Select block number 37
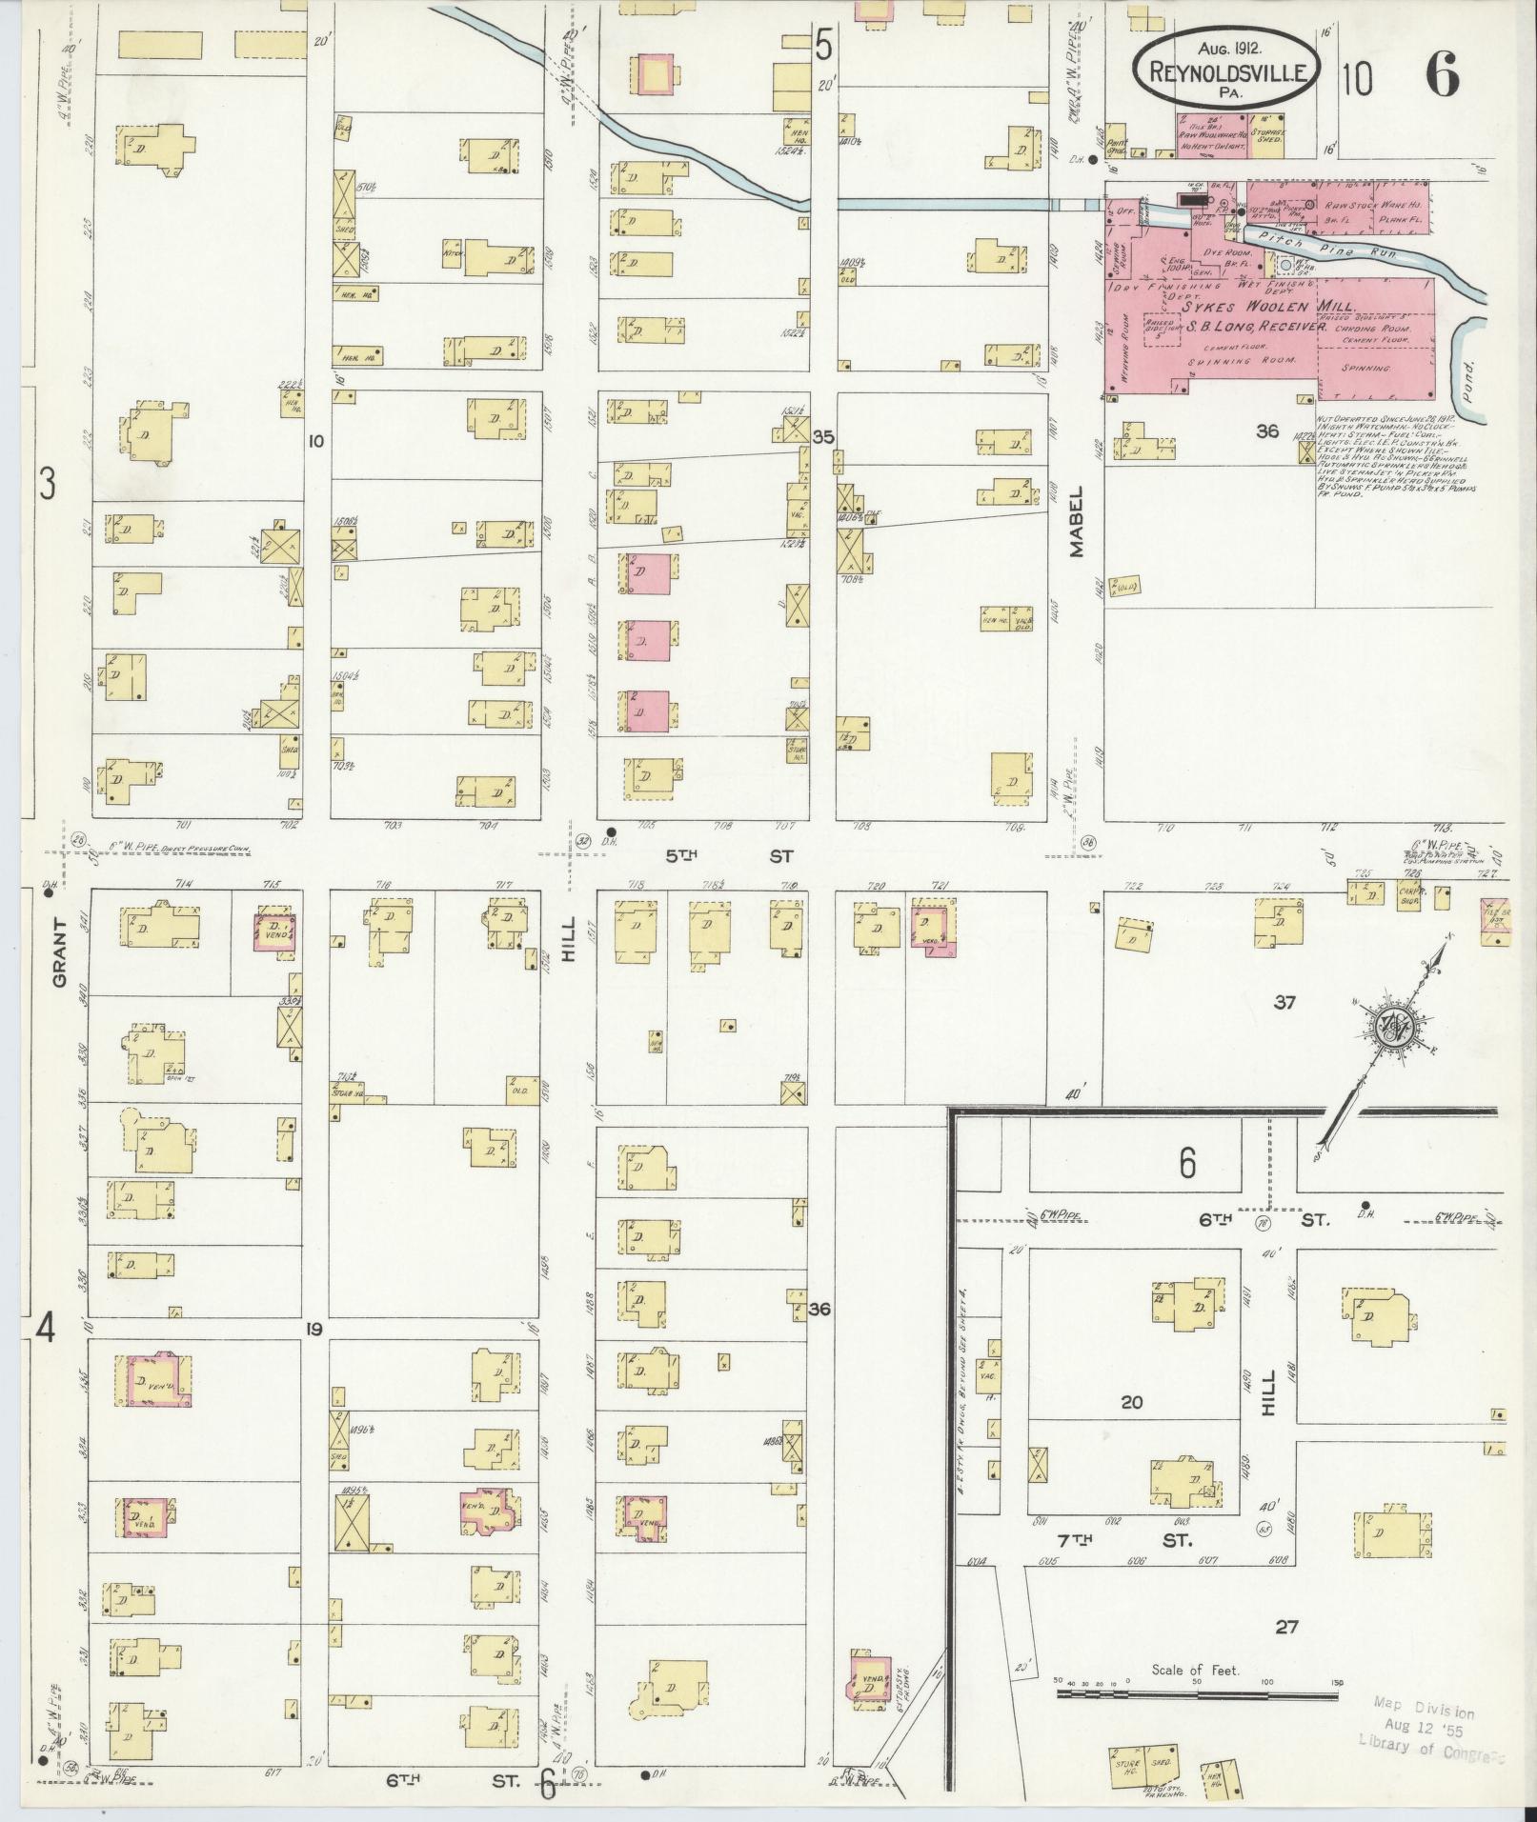pyautogui.click(x=1285, y=1002)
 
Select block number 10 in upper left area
pyautogui.click(x=316, y=441)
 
